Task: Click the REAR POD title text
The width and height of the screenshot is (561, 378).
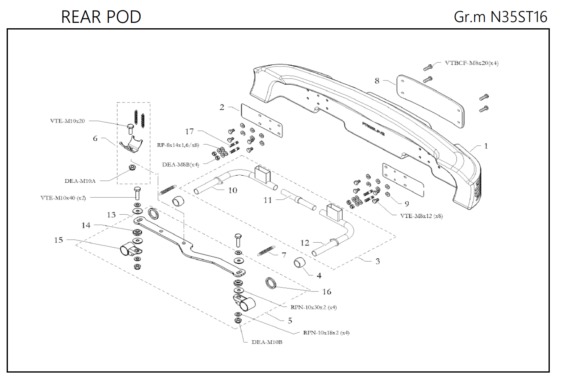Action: pos(101,17)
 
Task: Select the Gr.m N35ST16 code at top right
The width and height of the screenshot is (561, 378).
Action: pos(500,17)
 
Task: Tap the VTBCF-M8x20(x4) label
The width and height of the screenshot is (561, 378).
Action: pos(471,63)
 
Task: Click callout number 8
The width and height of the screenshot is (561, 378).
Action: pos(377,81)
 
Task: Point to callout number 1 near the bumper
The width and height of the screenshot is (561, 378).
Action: pos(486,146)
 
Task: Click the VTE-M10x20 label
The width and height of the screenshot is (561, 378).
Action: pos(67,121)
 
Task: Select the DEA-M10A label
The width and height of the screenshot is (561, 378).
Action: pos(80,181)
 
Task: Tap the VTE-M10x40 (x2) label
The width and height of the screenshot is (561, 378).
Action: pos(63,198)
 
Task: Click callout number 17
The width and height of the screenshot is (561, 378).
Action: pos(189,131)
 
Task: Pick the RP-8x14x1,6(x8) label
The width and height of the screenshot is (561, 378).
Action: pos(178,145)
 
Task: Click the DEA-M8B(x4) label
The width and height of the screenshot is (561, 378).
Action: pos(180,164)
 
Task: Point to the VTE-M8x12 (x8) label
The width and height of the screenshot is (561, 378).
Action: pos(421,216)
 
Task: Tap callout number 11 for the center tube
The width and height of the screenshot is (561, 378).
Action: pos(268,200)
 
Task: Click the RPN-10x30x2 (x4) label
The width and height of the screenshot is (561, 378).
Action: pos(313,307)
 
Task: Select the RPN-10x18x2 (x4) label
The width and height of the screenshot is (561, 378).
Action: pos(326,333)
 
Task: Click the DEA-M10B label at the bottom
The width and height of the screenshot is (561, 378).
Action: pos(267,342)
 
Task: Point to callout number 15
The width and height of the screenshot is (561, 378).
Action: pos(59,240)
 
